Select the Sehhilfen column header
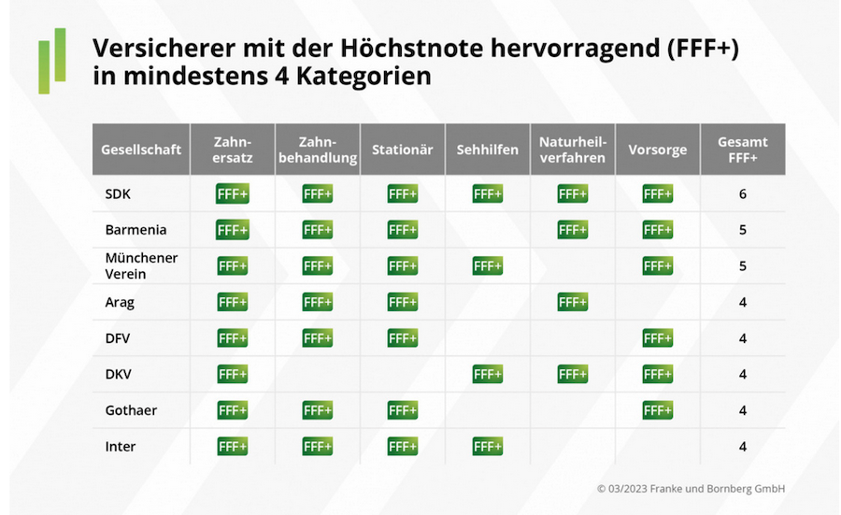coord(487,150)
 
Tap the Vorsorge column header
coord(657,150)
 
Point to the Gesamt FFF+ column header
coord(742,150)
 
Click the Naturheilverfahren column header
coord(572,150)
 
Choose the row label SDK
coord(118,194)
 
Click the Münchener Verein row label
coord(140,265)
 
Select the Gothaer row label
coord(132,410)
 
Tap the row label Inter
coord(120,447)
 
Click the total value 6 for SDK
coord(742,194)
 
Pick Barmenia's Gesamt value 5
coord(742,230)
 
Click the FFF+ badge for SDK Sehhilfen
coord(487,194)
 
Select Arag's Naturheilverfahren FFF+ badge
coord(572,302)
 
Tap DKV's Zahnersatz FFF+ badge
coord(232,374)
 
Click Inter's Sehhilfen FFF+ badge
coord(487,447)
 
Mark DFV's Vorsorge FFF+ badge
coord(657,338)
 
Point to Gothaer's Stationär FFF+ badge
coord(402,410)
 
